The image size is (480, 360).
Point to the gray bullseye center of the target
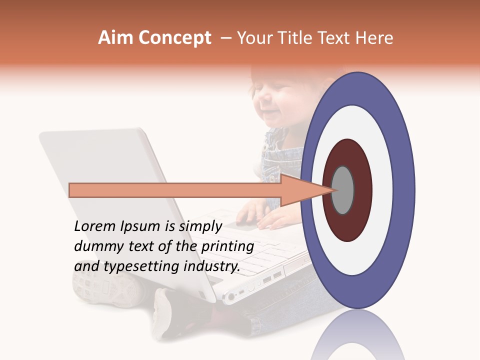tap(343, 190)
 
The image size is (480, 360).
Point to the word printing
tap(227, 247)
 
